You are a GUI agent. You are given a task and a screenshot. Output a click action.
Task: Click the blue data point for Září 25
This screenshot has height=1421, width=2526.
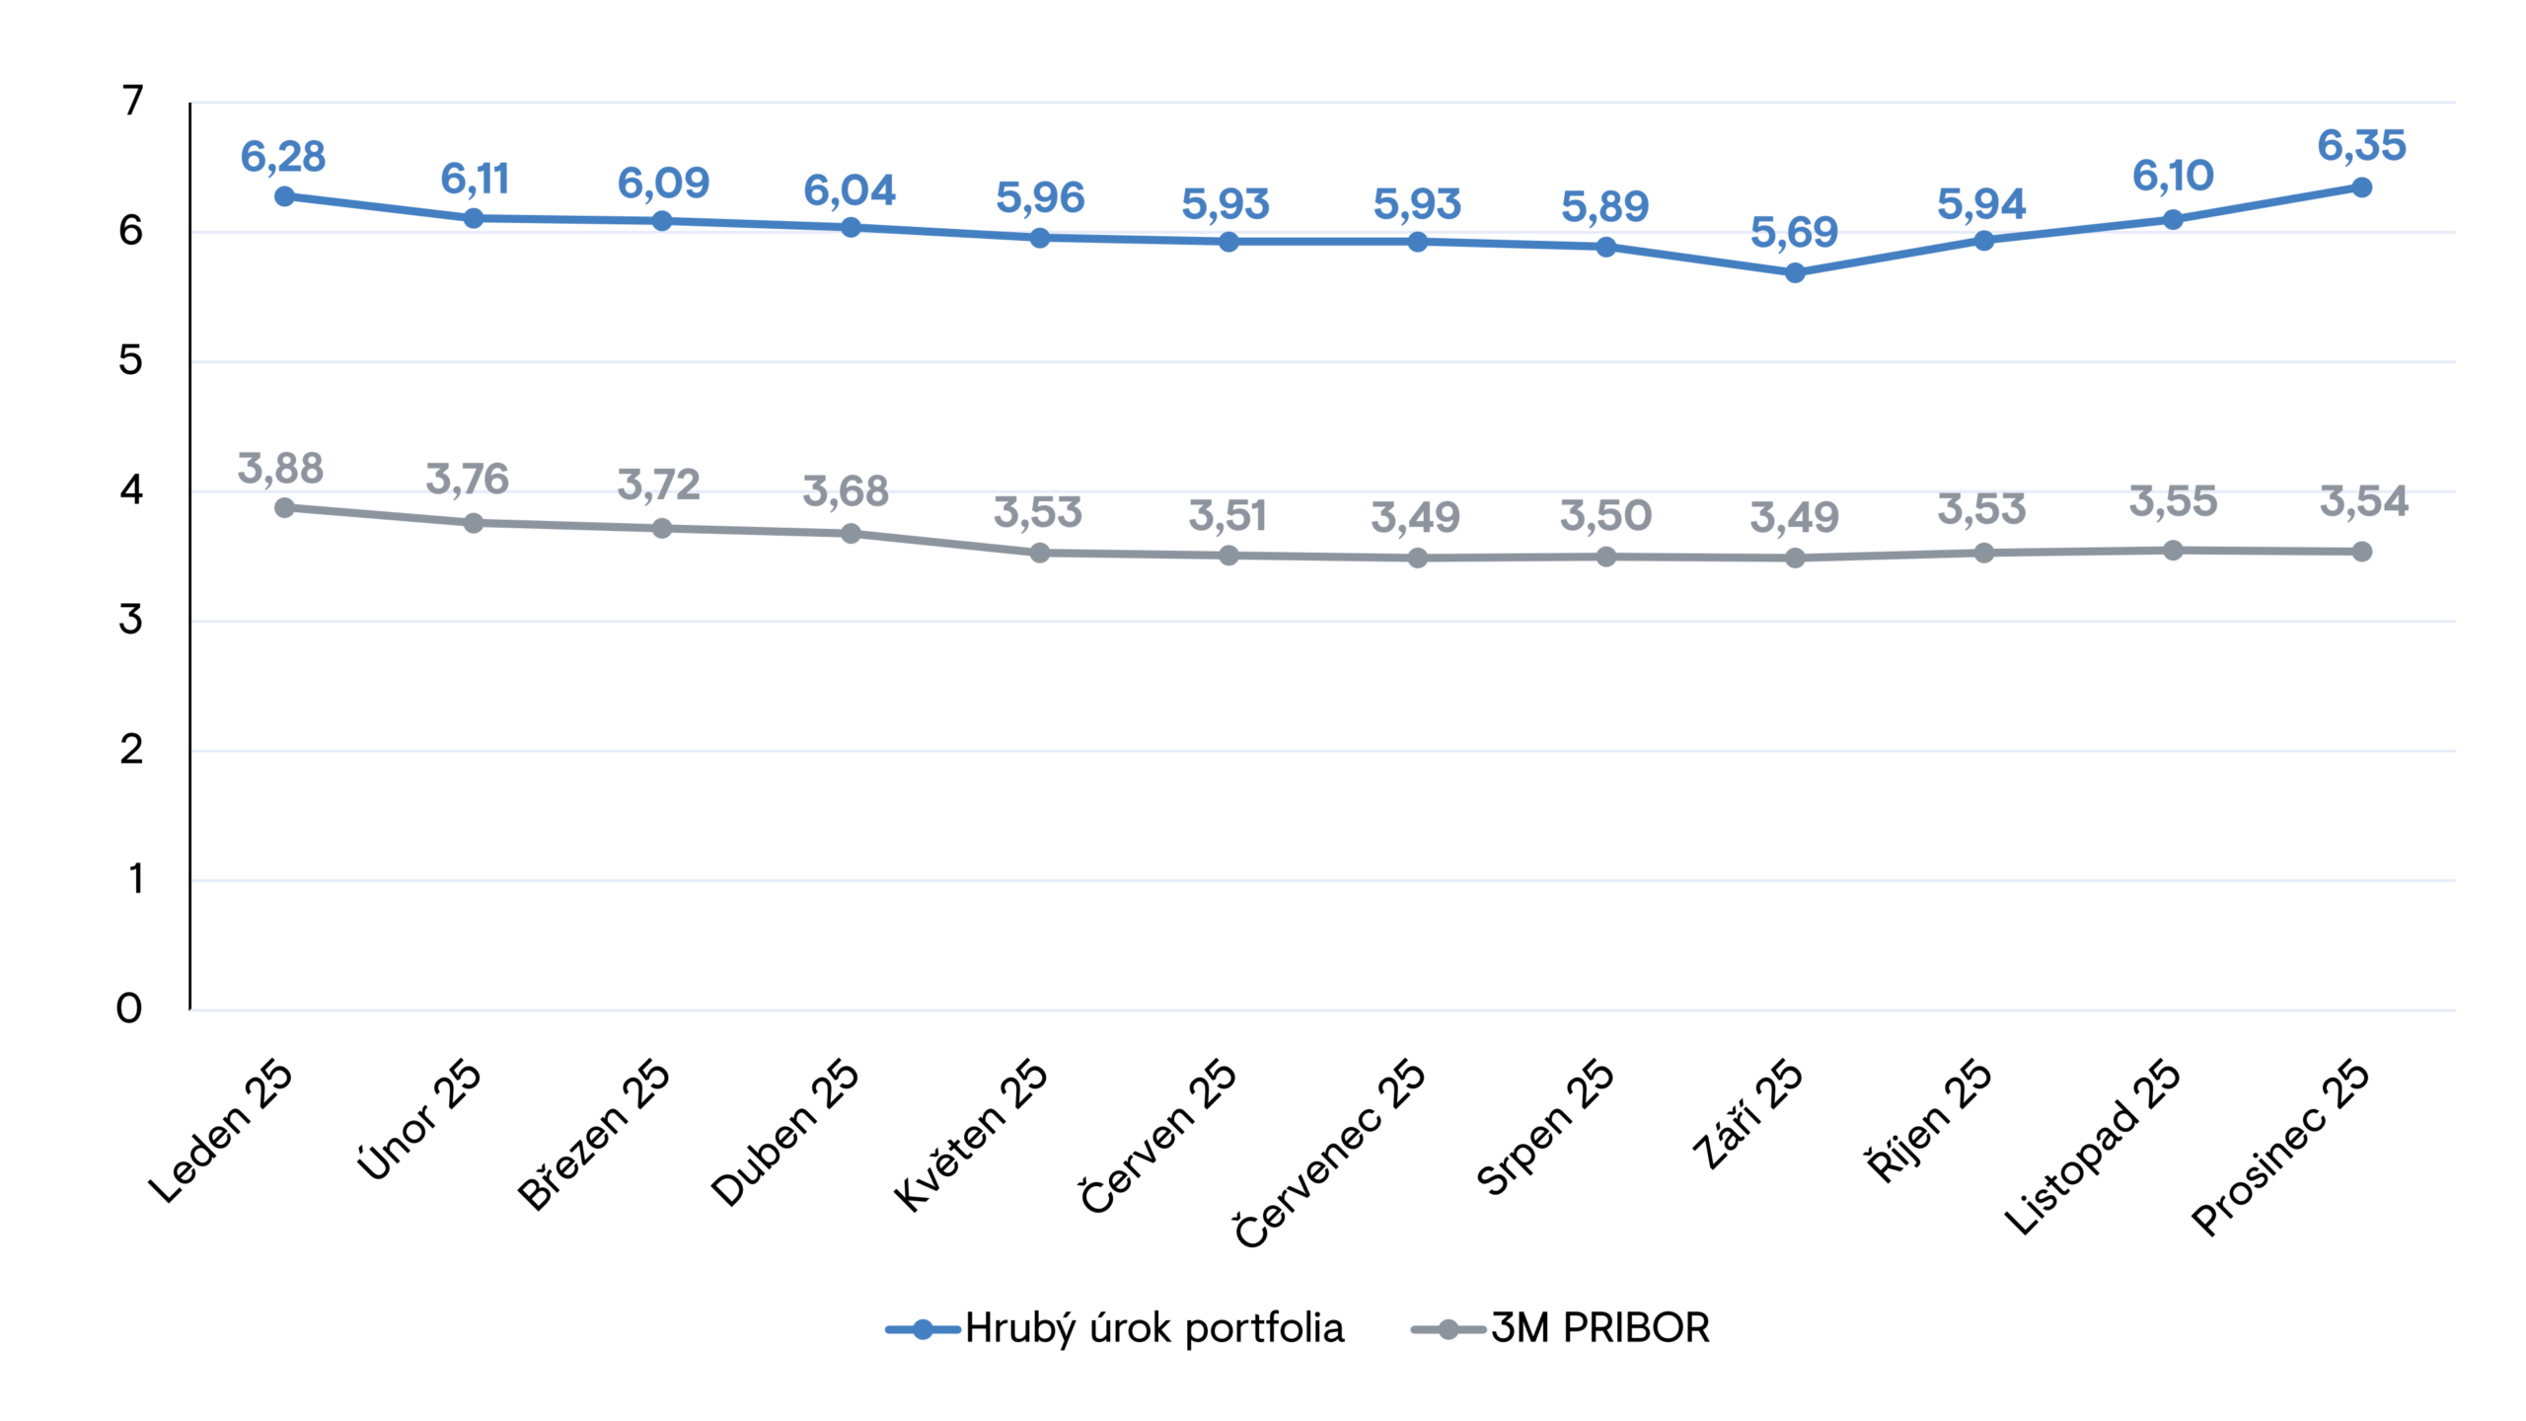(x=1795, y=272)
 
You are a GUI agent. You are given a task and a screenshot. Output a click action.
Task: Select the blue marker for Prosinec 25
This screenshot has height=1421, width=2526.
(x=2361, y=187)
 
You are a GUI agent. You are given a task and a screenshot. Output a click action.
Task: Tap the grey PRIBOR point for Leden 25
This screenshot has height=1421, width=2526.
(x=284, y=507)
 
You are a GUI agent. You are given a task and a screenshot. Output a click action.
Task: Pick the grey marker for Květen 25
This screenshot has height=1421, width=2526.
(x=1039, y=553)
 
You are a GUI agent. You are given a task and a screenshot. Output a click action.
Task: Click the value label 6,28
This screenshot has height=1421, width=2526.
(x=282, y=157)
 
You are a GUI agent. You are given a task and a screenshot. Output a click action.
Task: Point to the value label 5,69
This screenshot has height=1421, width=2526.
(x=1794, y=233)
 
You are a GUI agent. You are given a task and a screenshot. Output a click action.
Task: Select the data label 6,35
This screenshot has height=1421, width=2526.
(x=2361, y=146)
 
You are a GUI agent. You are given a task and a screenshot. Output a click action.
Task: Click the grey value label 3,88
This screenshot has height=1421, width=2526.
(x=280, y=469)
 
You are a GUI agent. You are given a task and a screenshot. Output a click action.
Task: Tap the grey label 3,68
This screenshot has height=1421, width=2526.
(x=846, y=491)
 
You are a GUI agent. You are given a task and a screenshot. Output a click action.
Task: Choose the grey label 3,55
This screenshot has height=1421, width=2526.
(x=2173, y=502)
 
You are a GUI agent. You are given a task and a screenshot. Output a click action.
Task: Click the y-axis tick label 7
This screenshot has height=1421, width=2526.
(x=132, y=101)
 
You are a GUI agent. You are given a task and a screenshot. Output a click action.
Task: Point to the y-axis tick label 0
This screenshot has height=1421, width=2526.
(x=129, y=1009)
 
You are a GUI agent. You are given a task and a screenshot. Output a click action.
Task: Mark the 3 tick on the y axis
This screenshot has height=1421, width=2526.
(x=130, y=620)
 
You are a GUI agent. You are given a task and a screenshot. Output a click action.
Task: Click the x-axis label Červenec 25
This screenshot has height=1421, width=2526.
(x=1331, y=1152)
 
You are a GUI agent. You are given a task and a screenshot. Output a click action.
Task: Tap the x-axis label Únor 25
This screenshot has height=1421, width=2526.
(x=420, y=1120)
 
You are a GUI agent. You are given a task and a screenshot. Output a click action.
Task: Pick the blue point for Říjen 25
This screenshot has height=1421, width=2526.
(x=1983, y=240)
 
